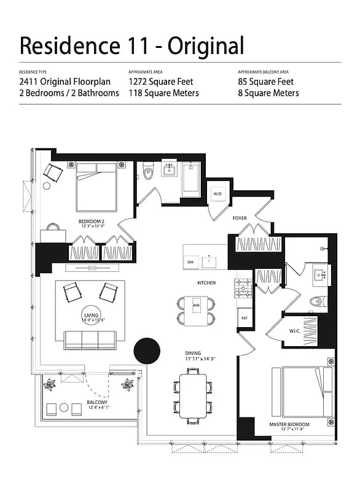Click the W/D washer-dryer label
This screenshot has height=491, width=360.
(x=217, y=194)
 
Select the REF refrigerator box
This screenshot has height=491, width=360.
(x=244, y=318)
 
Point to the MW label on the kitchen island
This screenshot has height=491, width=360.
(x=197, y=306)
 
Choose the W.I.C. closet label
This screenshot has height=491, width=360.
(x=294, y=331)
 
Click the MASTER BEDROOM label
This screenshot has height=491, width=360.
(x=289, y=424)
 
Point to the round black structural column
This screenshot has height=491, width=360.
(x=147, y=350)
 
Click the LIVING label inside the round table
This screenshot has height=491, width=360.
(x=91, y=315)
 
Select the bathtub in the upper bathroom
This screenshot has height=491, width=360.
(x=190, y=179)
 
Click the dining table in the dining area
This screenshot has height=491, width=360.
(x=194, y=395)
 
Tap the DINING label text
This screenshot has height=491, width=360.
(x=194, y=353)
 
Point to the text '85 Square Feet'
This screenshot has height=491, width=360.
(x=266, y=82)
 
